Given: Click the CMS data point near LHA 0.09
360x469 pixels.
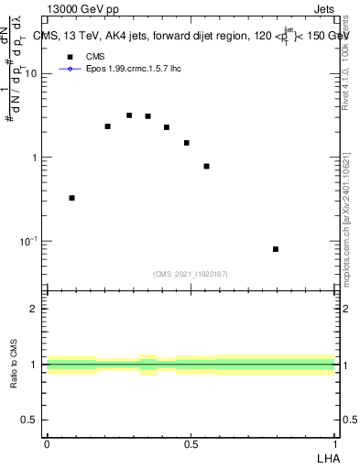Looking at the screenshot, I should tap(72, 198).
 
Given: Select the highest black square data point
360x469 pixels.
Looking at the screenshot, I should tap(129, 115).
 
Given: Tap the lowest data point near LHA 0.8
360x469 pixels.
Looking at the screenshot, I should tap(276, 249).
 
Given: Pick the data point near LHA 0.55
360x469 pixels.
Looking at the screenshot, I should tap(207, 167).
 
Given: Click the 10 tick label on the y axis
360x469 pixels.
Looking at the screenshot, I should tap(33, 74).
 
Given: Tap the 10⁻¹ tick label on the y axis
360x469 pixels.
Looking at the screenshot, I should tap(30, 242).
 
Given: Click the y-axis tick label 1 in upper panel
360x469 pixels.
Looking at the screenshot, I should tap(37, 158).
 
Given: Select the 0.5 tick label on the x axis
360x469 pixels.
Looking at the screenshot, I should tap(191, 443).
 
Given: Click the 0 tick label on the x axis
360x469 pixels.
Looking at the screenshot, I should tap(47, 443).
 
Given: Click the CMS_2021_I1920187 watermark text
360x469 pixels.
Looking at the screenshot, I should tap(191, 274).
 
